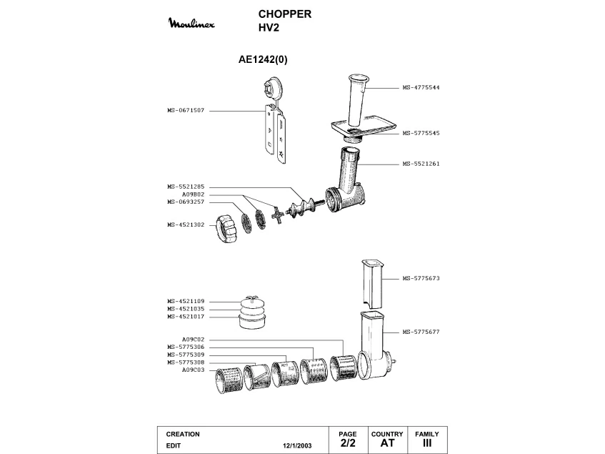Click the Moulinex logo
191,23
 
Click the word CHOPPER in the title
285,14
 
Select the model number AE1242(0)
263,59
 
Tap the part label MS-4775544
421,88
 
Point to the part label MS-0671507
186,110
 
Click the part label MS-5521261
421,164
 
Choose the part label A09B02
194,194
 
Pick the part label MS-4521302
186,224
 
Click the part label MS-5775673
421,278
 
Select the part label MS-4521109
186,301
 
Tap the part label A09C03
194,370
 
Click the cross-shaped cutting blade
277,215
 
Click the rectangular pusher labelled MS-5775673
373,285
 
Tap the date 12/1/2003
297,445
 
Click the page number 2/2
348,443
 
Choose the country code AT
387,443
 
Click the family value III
427,443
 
